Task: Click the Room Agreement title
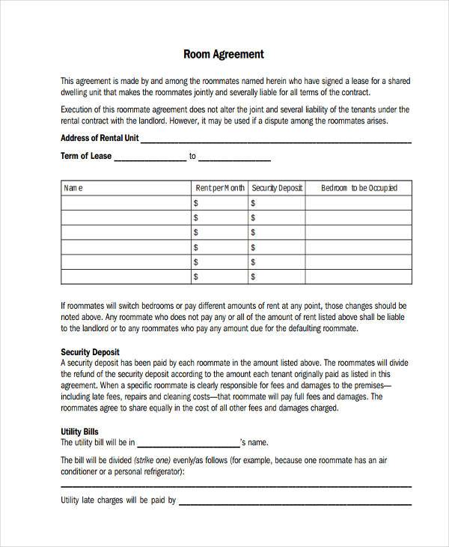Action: [224, 55]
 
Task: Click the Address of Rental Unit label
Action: [99, 138]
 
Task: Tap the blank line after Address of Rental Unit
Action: [275, 141]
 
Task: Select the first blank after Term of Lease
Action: [150, 159]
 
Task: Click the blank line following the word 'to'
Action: [234, 159]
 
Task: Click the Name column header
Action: [73, 188]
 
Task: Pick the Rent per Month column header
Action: [219, 188]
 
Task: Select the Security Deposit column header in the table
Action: [276, 188]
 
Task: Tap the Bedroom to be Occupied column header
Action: [358, 188]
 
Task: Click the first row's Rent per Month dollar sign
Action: [196, 203]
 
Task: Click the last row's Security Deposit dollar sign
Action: [254, 276]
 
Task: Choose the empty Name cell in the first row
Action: [125, 203]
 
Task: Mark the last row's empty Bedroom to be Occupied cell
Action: [358, 276]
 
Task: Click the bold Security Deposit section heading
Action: [89, 351]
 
